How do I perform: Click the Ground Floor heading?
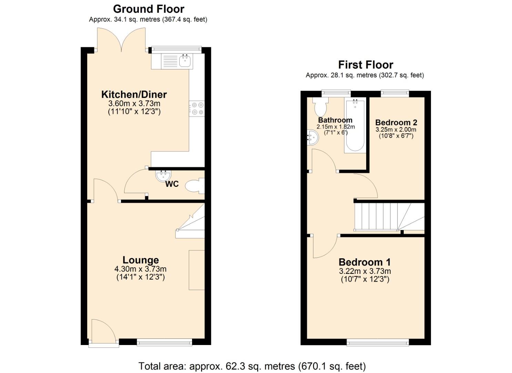[x=149, y=9]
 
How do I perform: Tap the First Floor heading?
[x=365, y=65]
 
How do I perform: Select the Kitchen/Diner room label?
[x=134, y=94]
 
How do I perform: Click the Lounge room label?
[x=141, y=260]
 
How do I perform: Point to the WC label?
[x=172, y=184]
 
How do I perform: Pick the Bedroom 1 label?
[x=364, y=262]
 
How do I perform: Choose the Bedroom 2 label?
[x=396, y=122]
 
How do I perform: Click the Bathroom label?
[x=335, y=120]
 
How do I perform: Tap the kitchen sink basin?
[x=185, y=61]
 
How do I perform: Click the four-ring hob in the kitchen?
[x=197, y=108]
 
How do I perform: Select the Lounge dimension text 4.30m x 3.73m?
[x=140, y=269]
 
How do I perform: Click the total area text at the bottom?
[x=252, y=366]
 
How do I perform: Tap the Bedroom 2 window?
[x=395, y=93]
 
